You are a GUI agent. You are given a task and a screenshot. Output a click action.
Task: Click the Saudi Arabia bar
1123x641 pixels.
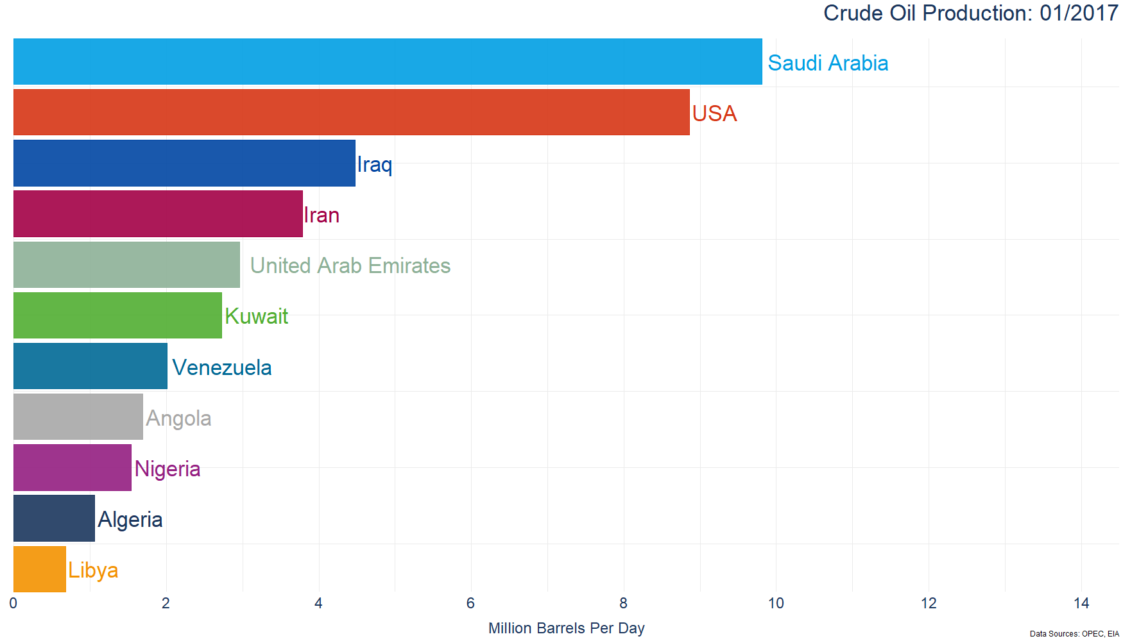388,62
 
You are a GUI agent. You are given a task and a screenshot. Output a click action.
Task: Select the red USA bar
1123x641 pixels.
352,112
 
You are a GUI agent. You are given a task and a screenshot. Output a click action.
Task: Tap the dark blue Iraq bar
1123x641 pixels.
184,163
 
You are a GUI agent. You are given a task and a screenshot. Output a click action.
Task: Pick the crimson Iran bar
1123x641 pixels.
158,213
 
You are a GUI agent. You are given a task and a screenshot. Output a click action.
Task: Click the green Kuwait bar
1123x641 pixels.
117,315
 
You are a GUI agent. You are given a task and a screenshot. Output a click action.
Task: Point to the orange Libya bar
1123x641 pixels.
40,569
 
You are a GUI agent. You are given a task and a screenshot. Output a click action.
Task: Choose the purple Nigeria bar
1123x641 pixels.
73,468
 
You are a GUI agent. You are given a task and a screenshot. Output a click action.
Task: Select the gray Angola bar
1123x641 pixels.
78,417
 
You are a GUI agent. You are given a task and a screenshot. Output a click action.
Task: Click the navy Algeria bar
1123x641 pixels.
54,519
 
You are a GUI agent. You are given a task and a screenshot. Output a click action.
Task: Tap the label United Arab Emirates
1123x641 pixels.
350,265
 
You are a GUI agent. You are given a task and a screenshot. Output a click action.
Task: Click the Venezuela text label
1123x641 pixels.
222,367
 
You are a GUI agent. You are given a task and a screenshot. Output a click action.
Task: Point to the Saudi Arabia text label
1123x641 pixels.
828,63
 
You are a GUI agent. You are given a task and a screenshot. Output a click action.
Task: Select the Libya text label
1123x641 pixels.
93,570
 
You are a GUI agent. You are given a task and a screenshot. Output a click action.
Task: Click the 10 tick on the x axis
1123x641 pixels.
776,603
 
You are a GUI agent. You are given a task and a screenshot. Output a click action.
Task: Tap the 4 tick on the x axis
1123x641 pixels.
318,603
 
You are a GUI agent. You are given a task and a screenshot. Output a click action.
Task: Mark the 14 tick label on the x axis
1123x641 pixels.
1081,603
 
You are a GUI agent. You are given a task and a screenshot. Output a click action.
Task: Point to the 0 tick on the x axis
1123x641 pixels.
13,603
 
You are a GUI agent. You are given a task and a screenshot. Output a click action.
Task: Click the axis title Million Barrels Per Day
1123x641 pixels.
566,628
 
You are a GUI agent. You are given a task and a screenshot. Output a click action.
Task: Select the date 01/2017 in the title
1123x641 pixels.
1079,13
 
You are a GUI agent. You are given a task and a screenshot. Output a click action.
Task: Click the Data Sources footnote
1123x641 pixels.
1074,634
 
